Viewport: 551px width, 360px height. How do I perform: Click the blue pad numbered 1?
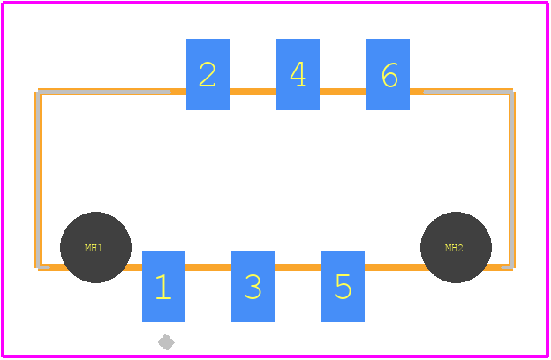point(163,286)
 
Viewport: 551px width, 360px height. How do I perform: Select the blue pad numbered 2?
point(208,74)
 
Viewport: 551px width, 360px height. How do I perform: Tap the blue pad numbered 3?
point(253,286)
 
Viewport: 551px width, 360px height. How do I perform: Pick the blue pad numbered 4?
point(298,74)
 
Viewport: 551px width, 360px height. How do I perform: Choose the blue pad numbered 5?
point(343,286)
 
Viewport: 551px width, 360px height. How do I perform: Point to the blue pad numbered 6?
point(388,74)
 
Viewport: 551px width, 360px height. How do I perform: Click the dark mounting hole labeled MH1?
point(95,247)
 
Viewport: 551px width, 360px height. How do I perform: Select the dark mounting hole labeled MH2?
point(456,247)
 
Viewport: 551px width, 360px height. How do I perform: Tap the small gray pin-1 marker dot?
point(166,342)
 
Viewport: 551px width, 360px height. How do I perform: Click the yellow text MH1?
point(94,248)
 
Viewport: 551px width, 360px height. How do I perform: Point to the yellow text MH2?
point(454,248)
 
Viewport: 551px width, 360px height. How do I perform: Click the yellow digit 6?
point(389,75)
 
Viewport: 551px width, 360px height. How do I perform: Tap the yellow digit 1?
point(163,287)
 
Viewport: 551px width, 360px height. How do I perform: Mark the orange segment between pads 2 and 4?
point(253,92)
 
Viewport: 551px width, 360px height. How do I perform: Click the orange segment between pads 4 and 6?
point(343,92)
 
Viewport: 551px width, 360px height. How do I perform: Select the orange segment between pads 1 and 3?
point(208,267)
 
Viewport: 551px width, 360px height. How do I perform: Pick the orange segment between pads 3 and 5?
point(298,267)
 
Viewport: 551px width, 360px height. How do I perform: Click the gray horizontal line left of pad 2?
point(104,92)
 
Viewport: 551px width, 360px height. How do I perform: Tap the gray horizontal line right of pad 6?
point(468,92)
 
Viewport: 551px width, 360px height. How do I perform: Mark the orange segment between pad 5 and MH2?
point(396,267)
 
